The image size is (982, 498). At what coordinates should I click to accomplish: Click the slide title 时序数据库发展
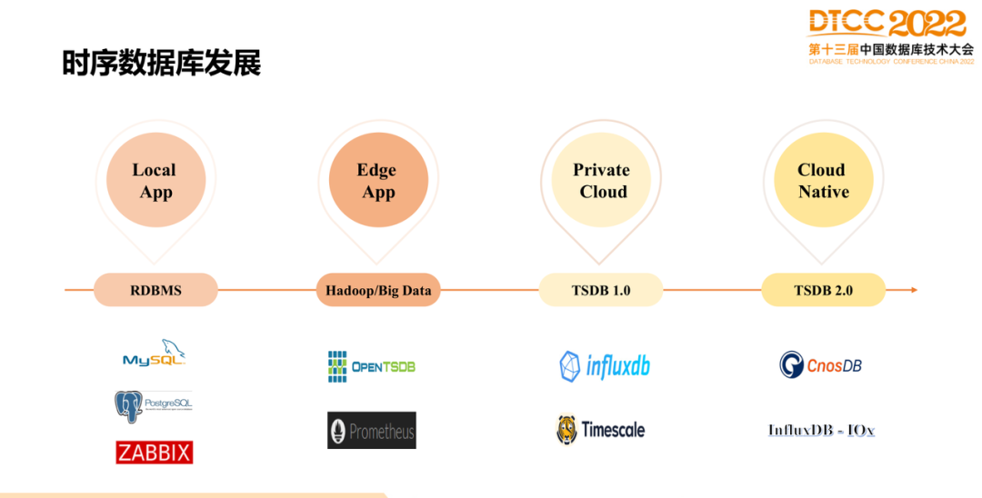pos(162,63)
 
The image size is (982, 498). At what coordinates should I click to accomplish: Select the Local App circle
pos(155,180)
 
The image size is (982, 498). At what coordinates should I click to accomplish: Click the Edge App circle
pos(378,180)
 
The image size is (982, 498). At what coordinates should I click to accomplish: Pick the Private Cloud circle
pos(601,180)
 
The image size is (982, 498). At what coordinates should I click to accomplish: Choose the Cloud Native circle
pos(823,180)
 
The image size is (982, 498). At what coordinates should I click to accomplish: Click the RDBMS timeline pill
pos(155,290)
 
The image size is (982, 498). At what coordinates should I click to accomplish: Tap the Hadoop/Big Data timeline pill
pos(378,290)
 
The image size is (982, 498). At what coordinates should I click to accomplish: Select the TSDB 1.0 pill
pos(601,290)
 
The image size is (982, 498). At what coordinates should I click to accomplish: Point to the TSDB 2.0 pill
pos(823,290)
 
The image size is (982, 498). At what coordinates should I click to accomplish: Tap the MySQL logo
pos(155,354)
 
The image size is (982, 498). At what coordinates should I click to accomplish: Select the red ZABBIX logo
pos(155,452)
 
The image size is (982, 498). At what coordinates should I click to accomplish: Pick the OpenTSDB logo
pos(372,366)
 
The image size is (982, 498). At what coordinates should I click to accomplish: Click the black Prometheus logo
pos(372,431)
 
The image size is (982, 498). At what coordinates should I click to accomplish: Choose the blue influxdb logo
pos(605,366)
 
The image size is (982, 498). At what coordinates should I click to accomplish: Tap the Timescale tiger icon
pos(567,430)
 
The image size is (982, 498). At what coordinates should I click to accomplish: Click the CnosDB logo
pos(820,365)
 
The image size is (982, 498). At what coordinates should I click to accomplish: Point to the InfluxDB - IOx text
pos(821,430)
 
